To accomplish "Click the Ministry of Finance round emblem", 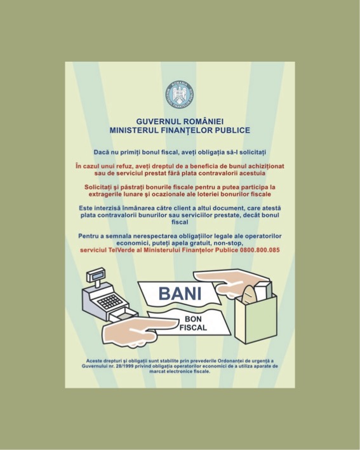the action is click(x=180, y=95).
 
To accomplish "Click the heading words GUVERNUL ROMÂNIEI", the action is click(x=180, y=121).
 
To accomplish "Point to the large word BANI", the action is click(x=180, y=294).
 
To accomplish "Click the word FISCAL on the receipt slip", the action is click(x=193, y=328).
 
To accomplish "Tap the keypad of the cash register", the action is click(x=110, y=301).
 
